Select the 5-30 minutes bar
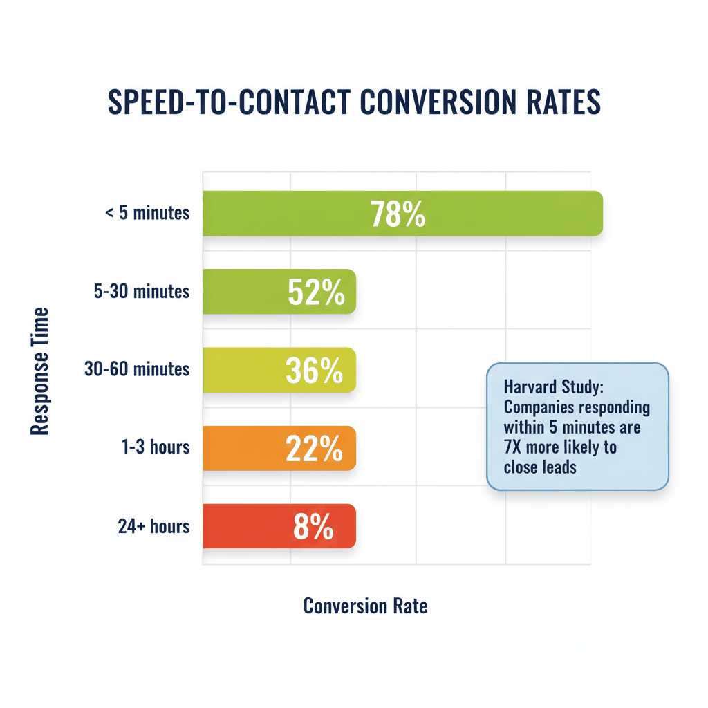pyautogui.click(x=242, y=291)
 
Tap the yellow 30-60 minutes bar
pyautogui.click(x=242, y=370)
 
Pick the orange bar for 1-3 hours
pyautogui.click(x=242, y=448)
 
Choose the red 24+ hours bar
pyautogui.click(x=242, y=526)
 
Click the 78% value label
pyautogui.click(x=398, y=214)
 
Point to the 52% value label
pyautogui.click(x=315, y=292)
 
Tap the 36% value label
pyautogui.click(x=315, y=371)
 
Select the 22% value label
pyautogui.click(x=315, y=449)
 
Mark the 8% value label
pyautogui.click(x=314, y=527)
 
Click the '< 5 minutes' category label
pyautogui.click(x=147, y=213)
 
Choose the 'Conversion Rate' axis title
pyautogui.click(x=365, y=606)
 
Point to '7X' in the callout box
pyautogui.click(x=514, y=447)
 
